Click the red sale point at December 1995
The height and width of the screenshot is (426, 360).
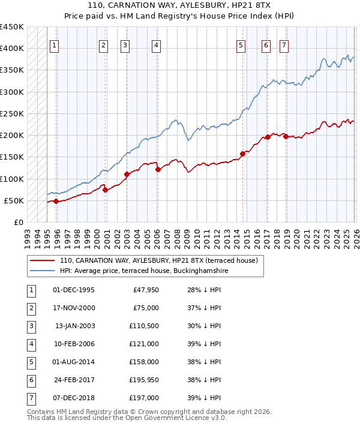click(x=56, y=201)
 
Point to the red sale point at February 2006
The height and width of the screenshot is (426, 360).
click(x=158, y=170)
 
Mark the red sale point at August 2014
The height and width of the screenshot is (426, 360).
click(x=242, y=154)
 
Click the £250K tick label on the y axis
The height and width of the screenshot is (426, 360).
click(x=11, y=113)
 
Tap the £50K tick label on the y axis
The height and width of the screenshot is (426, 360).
click(x=14, y=200)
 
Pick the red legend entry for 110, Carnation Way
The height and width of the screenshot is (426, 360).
click(x=158, y=260)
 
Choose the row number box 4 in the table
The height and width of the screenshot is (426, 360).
click(x=31, y=343)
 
